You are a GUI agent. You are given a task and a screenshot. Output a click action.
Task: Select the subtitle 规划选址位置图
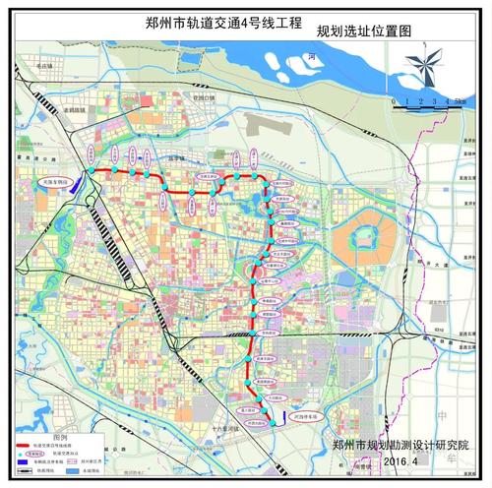pyautogui.click(x=361, y=30)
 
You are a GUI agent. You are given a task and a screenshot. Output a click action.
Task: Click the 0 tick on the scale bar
pyautogui.click(x=393, y=100)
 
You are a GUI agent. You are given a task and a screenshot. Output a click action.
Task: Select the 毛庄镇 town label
pyautogui.click(x=68, y=67)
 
